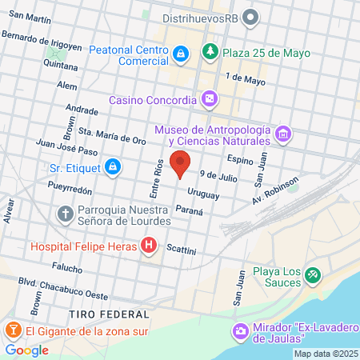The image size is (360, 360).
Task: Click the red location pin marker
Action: tap(181, 162)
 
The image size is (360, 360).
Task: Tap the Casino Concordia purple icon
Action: tap(210, 100)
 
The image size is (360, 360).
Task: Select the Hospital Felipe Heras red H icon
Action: tap(148, 246)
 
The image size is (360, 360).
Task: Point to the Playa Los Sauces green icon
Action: tap(312, 276)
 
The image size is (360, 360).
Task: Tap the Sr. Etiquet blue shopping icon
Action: tap(114, 167)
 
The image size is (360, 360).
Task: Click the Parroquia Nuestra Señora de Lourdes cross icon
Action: tap(65, 214)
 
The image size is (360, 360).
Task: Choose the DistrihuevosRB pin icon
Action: tap(250, 16)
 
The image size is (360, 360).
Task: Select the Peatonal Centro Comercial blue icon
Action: tap(181, 54)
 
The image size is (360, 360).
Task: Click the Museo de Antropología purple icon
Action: tap(282, 133)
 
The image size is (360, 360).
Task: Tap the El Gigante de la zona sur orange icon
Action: tap(14, 330)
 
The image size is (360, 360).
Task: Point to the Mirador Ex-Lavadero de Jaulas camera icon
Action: tap(240, 330)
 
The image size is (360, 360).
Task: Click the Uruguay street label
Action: tap(202, 193)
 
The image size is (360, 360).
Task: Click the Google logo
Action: tap(27, 350)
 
